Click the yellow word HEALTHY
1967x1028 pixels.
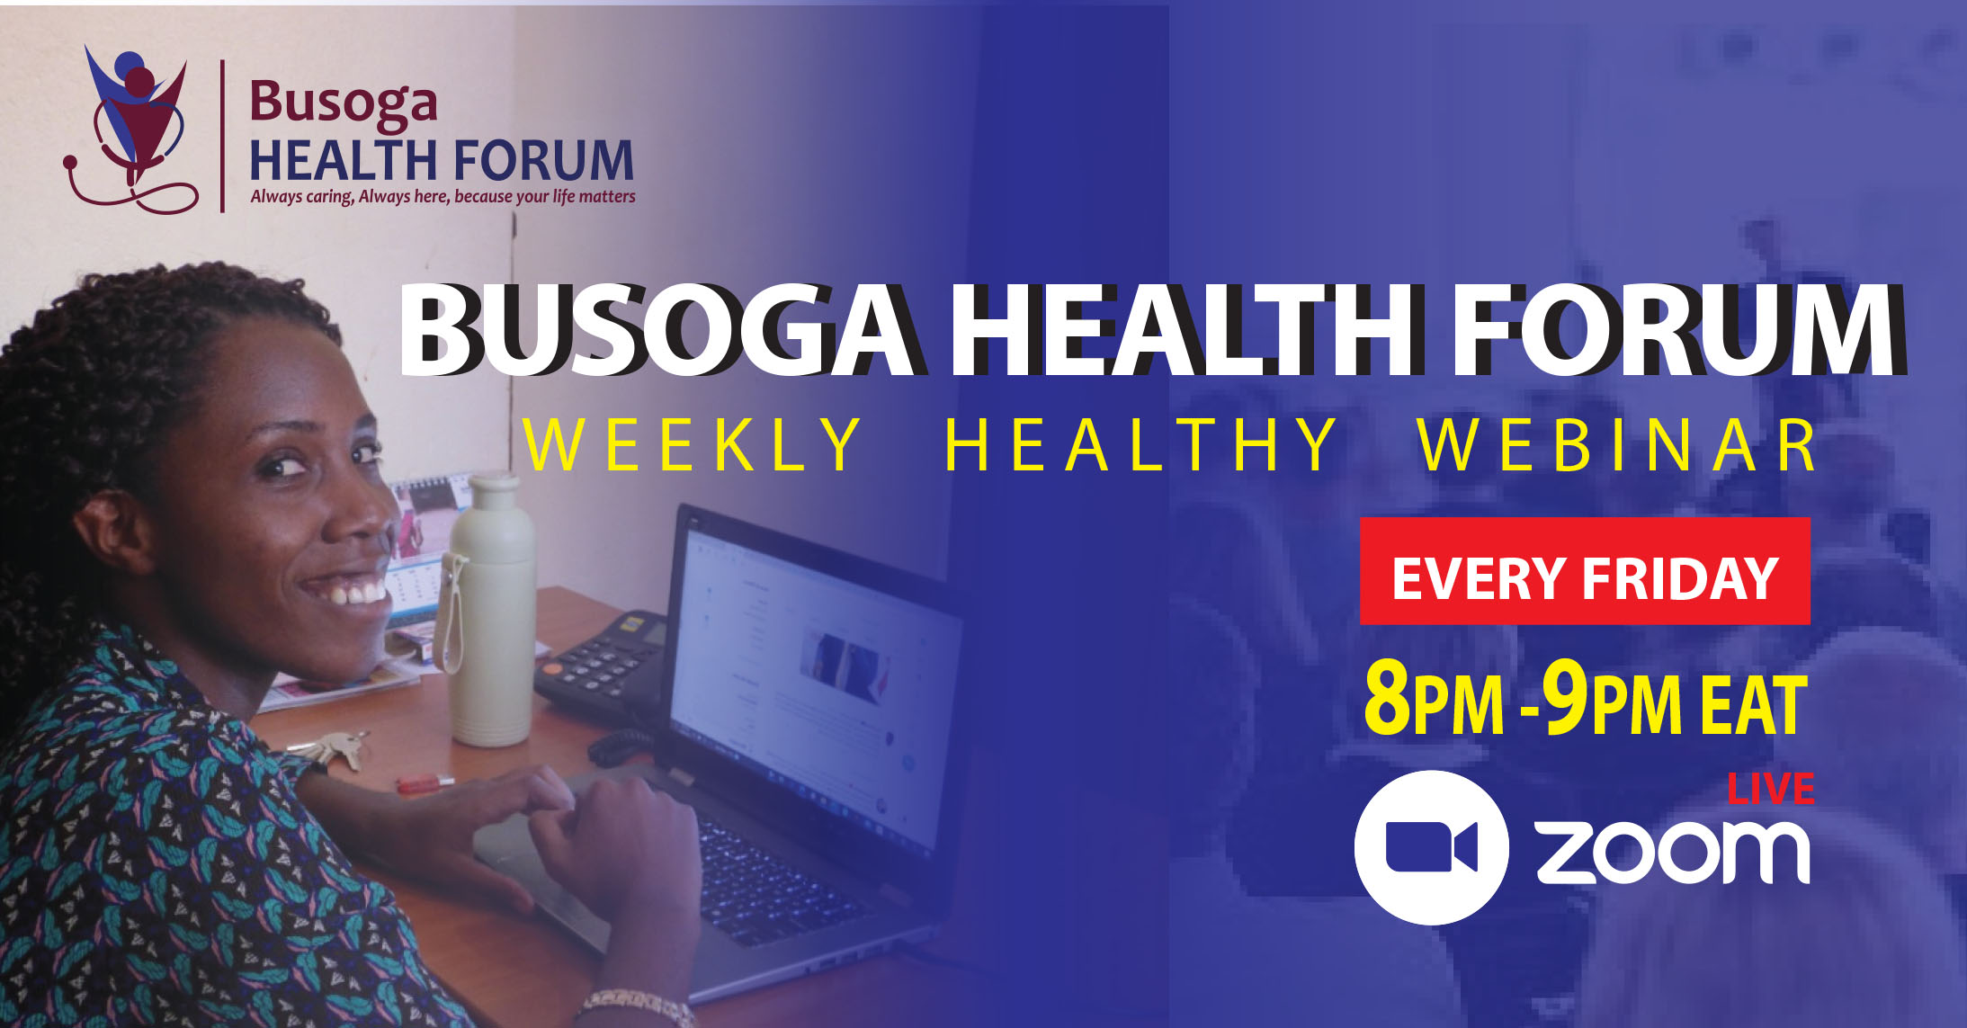[1140, 444]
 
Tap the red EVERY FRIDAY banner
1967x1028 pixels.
[1585, 571]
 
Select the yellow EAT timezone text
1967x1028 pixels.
[1753, 704]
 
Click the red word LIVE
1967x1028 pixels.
[1771, 789]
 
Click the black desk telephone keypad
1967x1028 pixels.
[599, 665]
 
